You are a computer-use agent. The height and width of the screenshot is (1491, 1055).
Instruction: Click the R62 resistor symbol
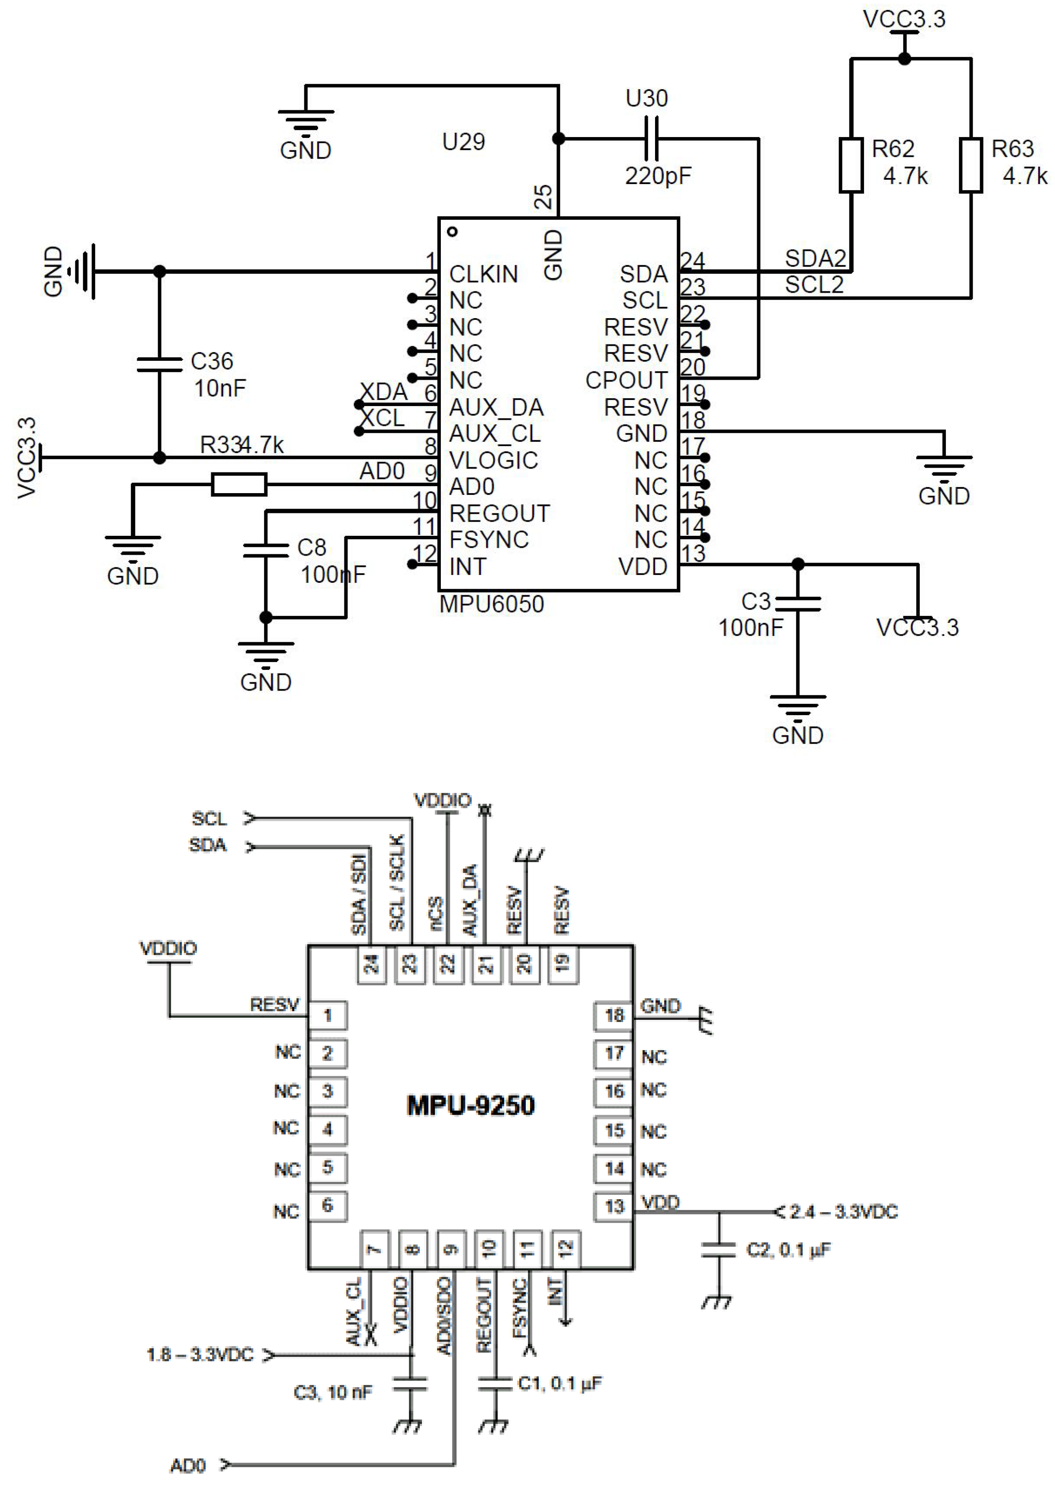click(851, 165)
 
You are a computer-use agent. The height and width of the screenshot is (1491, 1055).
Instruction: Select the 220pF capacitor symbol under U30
click(651, 138)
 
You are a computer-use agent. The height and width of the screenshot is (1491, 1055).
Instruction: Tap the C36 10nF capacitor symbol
click(159, 364)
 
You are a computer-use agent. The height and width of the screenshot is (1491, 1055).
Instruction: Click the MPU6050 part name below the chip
click(492, 604)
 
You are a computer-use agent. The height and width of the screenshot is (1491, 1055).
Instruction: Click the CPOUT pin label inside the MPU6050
click(626, 380)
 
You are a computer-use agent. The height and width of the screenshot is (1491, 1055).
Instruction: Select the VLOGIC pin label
click(494, 460)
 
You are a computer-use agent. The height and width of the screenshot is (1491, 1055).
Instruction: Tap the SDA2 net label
click(815, 259)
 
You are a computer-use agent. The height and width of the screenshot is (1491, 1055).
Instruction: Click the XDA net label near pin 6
click(383, 392)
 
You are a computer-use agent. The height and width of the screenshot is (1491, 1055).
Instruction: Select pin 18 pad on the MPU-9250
click(613, 1016)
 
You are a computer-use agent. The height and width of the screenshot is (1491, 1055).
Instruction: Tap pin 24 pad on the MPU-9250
click(371, 963)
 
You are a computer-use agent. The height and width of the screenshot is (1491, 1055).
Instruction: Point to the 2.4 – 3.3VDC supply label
click(843, 1212)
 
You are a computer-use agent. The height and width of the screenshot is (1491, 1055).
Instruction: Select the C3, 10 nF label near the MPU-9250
click(333, 1392)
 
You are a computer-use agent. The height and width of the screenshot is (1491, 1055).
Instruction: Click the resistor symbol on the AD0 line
click(239, 484)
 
